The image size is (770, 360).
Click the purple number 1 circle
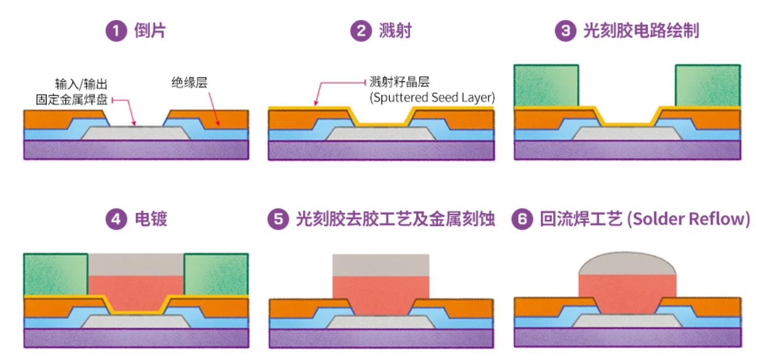pos(116,31)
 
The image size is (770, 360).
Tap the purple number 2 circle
pos(361,31)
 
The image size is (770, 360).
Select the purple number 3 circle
pos(565,31)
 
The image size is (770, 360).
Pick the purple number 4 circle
pos(116,220)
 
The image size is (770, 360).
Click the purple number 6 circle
pos(522,220)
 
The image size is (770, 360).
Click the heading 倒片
pos(150,31)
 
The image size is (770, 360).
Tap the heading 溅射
pos(395,31)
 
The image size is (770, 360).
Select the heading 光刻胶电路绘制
pos(641,31)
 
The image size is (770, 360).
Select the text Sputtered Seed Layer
pos(432,97)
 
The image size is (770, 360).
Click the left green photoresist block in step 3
pos(546,85)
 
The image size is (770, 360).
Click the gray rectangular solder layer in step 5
pos(380,265)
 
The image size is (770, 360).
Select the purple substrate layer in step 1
pos(136,150)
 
